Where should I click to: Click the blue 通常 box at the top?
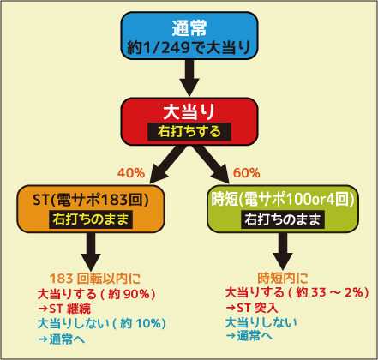coord(189,36)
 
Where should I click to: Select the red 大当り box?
coord(189,122)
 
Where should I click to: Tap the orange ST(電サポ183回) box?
coord(91,209)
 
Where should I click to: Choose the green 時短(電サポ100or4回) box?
coord(283,209)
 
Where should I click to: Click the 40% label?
coord(131,173)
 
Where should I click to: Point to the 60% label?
coord(247,173)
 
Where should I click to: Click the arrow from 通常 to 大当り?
coord(189,78)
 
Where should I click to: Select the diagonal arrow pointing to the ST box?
coord(167,165)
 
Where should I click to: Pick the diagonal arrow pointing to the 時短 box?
coord(211,165)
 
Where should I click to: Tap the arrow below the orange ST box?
coord(91,251)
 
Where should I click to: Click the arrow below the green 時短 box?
coord(282,251)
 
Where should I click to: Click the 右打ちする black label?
coord(189,131)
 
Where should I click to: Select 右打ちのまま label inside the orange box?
coord(91,219)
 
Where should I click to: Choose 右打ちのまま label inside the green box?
coord(283,219)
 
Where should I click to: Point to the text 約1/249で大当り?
coord(189,47)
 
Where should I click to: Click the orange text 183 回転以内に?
coord(95,279)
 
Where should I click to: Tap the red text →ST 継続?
coord(64,309)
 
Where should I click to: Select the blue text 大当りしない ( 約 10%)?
coord(102,324)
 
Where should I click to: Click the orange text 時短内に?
coord(283,278)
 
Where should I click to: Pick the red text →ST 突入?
coord(252,308)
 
